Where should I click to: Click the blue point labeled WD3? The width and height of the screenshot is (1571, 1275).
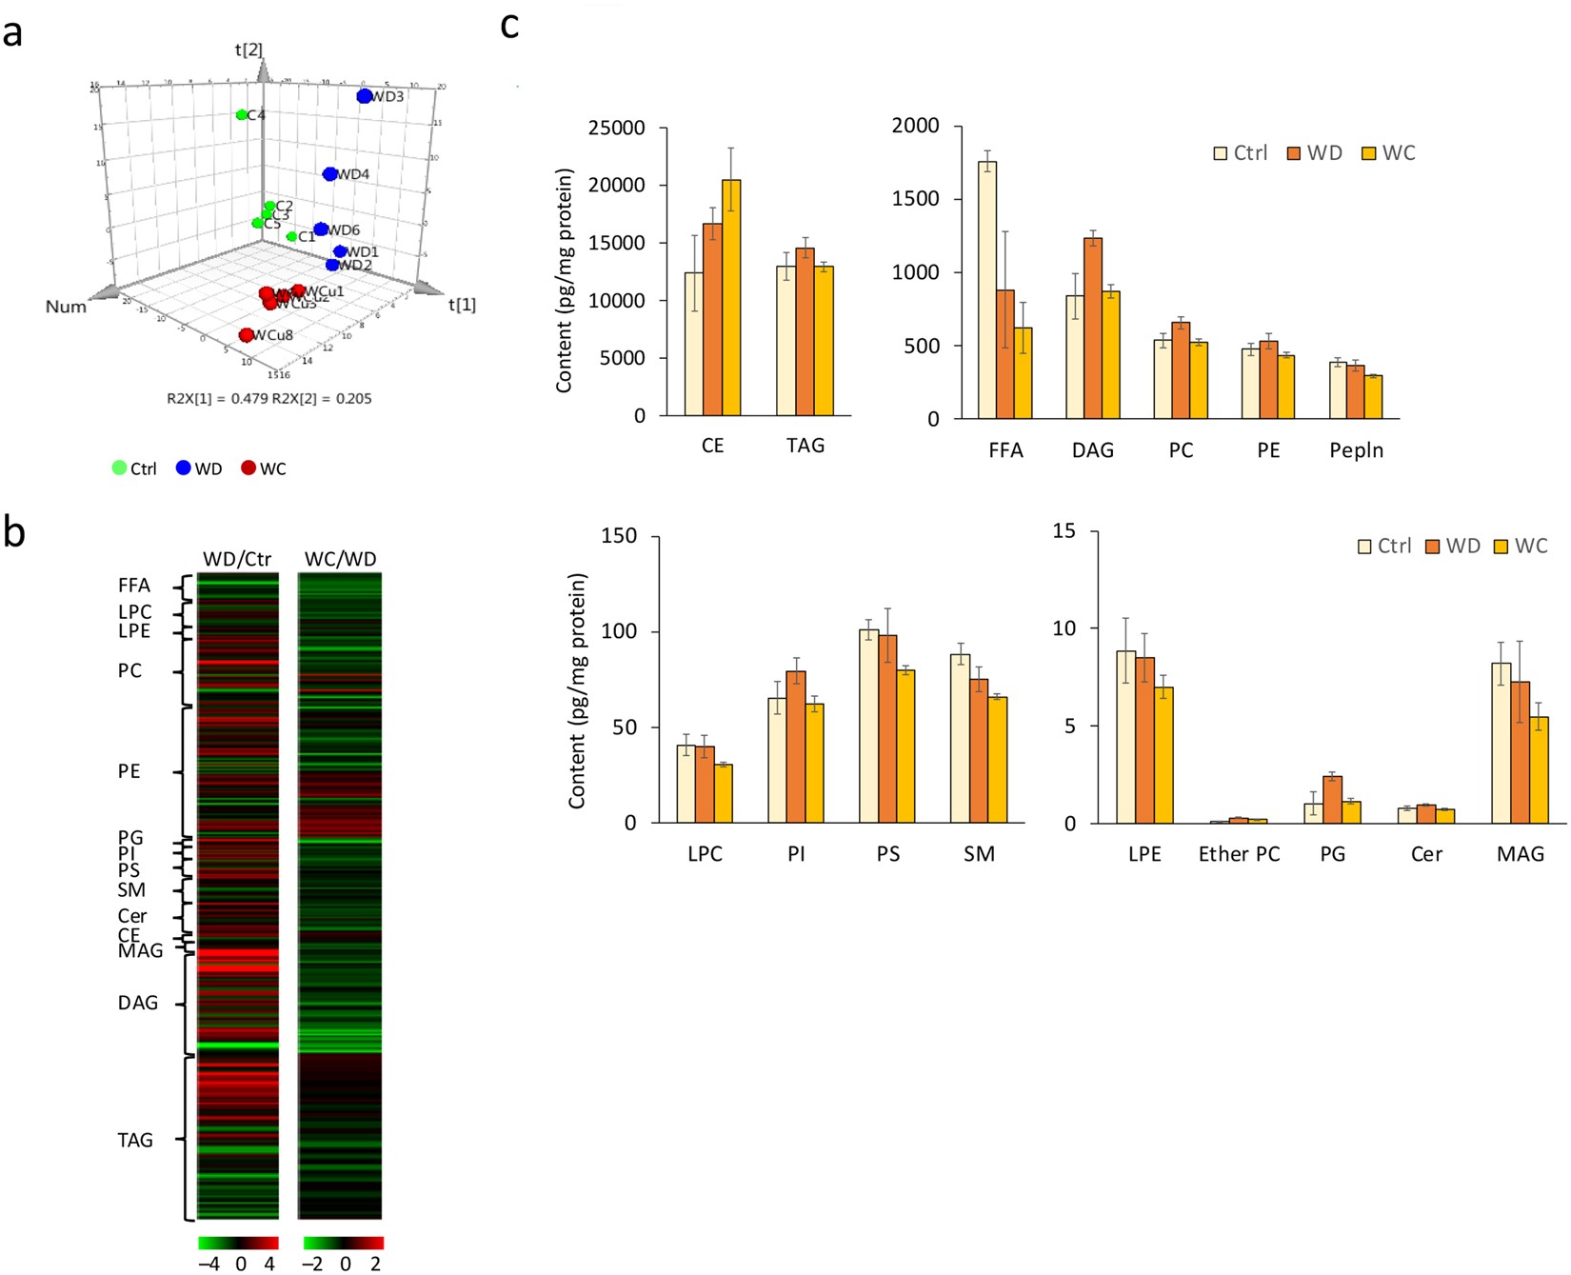point(365,96)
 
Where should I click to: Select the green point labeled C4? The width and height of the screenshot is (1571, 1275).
point(242,115)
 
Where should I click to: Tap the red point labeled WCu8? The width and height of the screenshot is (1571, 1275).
point(247,335)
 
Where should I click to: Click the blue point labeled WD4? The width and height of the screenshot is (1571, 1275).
point(329,174)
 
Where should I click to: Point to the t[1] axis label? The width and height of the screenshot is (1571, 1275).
point(462,305)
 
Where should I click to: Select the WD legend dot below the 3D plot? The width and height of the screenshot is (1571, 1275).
point(183,468)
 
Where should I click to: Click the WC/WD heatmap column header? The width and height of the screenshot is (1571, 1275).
point(340,559)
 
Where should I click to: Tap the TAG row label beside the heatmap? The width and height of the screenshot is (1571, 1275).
point(135,1140)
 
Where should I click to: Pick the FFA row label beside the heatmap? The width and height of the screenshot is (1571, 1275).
point(134,586)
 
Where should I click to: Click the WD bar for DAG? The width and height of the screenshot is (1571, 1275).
point(1093,329)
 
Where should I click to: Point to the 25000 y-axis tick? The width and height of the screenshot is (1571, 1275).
point(616,128)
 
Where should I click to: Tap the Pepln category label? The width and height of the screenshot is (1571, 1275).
point(1356,450)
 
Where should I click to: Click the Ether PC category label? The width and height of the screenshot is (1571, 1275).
point(1239,854)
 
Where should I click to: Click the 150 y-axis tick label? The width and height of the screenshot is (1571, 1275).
point(619,536)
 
